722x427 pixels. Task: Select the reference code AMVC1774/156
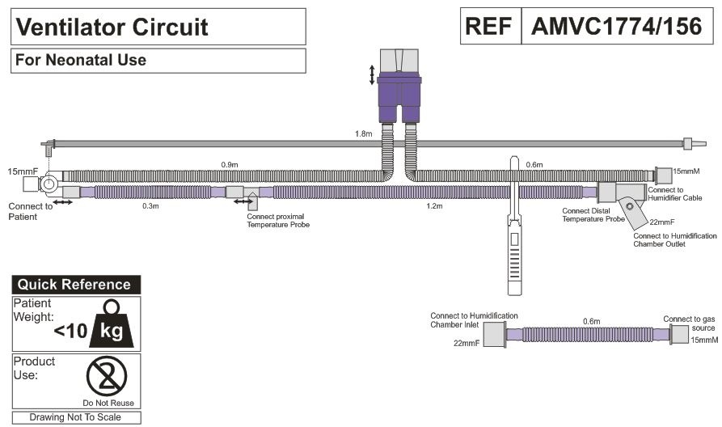coord(616,27)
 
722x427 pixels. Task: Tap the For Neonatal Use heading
coord(80,61)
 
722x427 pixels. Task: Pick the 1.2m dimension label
coord(434,206)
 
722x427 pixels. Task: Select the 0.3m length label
coord(150,206)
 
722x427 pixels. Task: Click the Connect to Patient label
coord(31,212)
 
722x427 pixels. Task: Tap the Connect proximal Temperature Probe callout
coord(278,220)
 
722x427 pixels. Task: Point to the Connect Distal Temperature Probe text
coord(593,215)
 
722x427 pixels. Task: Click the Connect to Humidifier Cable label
coord(674,193)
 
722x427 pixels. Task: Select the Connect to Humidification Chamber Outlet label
coord(675,239)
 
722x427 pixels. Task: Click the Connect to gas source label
coord(690,323)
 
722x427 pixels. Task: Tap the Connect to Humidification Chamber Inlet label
coord(474,320)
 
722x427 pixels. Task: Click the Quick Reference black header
coord(75,285)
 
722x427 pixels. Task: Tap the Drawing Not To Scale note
coord(75,417)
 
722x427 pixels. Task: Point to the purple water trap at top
coord(400,90)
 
